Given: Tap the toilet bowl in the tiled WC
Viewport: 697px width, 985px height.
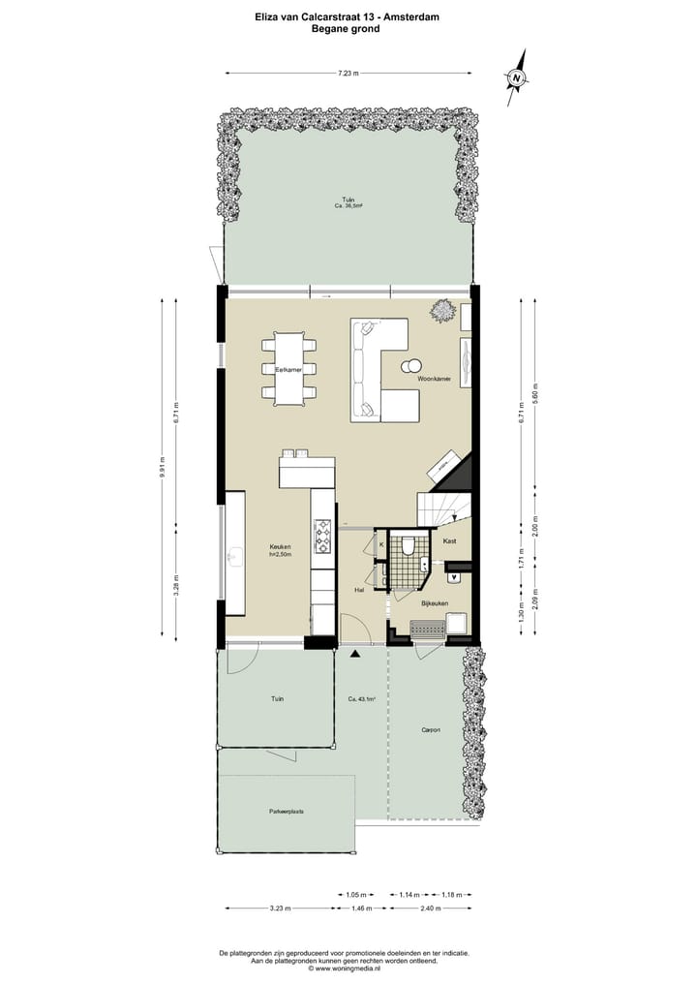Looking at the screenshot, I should pyautogui.click(x=409, y=547).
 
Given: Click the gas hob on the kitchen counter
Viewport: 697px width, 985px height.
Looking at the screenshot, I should pyautogui.click(x=322, y=536).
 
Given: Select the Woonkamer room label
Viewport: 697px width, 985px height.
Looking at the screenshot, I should pyautogui.click(x=433, y=380).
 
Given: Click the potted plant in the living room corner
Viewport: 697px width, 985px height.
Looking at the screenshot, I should pyautogui.click(x=442, y=310).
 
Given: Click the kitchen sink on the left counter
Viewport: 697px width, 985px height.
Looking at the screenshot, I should pyautogui.click(x=233, y=556).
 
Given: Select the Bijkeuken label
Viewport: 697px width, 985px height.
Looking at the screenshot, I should pyautogui.click(x=433, y=602).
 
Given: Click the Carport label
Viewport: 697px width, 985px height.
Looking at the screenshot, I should pyautogui.click(x=430, y=730).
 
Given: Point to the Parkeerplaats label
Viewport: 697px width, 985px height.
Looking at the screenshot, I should pyautogui.click(x=287, y=812).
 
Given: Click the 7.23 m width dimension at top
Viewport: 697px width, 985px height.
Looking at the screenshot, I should pyautogui.click(x=348, y=73).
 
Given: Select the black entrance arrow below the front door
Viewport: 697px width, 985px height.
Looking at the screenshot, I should pyautogui.click(x=355, y=656).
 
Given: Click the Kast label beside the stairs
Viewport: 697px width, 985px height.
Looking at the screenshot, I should pyautogui.click(x=449, y=541).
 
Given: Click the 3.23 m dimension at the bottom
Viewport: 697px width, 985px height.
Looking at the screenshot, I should pyautogui.click(x=279, y=908).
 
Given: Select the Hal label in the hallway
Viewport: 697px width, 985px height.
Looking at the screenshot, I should pyautogui.click(x=358, y=589).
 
